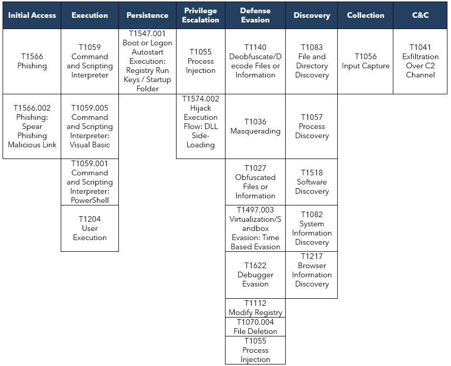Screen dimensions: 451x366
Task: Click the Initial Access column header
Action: [32, 15]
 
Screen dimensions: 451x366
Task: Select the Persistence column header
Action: [147, 15]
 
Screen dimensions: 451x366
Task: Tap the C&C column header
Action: [420, 15]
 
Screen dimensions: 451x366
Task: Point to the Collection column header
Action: [365, 15]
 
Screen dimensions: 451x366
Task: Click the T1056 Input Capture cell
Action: [365, 61]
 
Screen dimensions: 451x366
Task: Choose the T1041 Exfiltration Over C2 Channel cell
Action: [420, 61]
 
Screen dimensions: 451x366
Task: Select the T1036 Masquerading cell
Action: [256, 126]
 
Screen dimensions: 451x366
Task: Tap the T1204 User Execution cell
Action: [90, 228]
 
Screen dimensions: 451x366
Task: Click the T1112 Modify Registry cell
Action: [256, 308]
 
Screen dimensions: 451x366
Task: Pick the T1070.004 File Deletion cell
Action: [256, 327]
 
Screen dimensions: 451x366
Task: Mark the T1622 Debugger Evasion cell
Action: [256, 275]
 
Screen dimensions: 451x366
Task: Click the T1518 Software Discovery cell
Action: [312, 182]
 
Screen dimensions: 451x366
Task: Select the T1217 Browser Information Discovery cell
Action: [312, 270]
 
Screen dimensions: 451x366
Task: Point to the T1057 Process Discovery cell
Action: [312, 126]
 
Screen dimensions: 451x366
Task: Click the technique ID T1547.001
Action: [147, 34]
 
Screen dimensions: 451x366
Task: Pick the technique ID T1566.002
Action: [32, 108]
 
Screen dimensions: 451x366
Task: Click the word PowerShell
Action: [90, 200]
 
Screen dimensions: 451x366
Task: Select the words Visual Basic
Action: [90, 145]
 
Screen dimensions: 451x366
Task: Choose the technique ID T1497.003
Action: [256, 210]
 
